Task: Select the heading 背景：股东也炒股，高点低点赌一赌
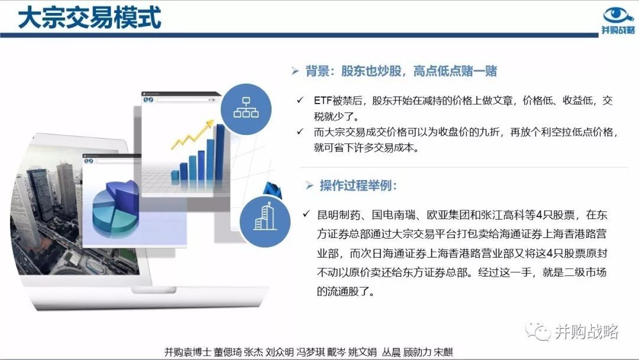click(401, 71)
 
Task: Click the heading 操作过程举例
click(358, 185)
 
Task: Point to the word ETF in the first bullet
click(323, 100)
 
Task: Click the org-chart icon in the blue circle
click(246, 107)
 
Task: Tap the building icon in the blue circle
click(264, 217)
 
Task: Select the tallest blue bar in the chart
click(220, 152)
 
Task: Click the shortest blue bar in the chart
click(175, 175)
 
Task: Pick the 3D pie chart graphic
click(115, 208)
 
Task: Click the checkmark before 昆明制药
click(306, 214)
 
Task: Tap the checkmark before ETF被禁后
click(301, 100)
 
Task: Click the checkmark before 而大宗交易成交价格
click(301, 131)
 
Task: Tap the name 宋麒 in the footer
click(443, 352)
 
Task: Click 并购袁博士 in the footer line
click(188, 352)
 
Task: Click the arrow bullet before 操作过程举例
click(309, 186)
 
